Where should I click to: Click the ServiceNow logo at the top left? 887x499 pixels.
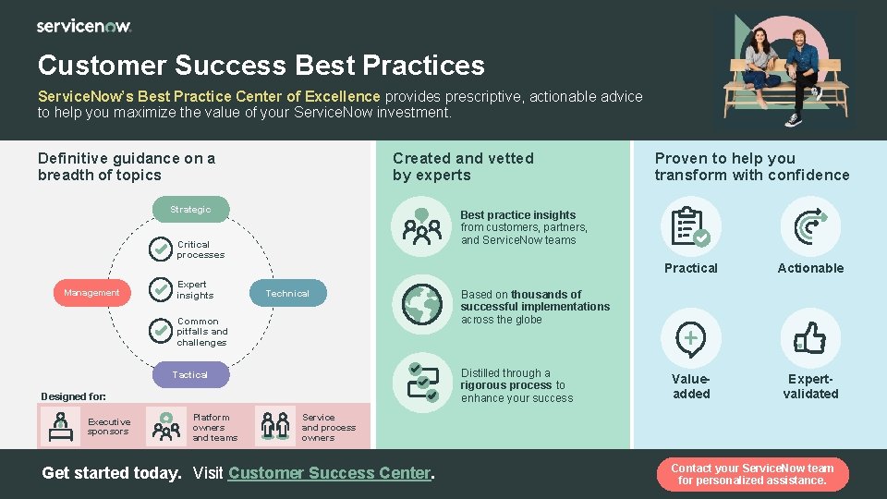pyautogui.click(x=84, y=26)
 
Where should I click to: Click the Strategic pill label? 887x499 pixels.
pyautogui.click(x=189, y=210)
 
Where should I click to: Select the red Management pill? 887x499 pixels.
pyautogui.click(x=91, y=293)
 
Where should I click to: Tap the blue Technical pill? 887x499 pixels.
pyautogui.click(x=287, y=293)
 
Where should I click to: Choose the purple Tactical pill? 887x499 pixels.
pyautogui.click(x=189, y=374)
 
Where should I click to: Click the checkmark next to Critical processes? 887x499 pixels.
pyautogui.click(x=162, y=249)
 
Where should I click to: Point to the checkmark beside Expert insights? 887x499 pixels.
pyautogui.click(x=162, y=290)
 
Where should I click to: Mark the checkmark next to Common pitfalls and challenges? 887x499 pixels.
pyautogui.click(x=162, y=330)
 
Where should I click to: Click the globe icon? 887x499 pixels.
pyautogui.click(x=422, y=304)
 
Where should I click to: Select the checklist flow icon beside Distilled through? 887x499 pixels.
pyautogui.click(x=422, y=383)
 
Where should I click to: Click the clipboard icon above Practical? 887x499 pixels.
pyautogui.click(x=689, y=227)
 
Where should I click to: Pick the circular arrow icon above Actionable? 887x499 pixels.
pyautogui.click(x=810, y=227)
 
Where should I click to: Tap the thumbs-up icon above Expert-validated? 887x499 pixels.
pyautogui.click(x=810, y=338)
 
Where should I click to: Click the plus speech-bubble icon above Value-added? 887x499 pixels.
pyautogui.click(x=690, y=338)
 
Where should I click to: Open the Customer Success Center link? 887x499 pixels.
pyautogui.click(x=329, y=473)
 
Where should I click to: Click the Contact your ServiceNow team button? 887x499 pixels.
pyautogui.click(x=752, y=474)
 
